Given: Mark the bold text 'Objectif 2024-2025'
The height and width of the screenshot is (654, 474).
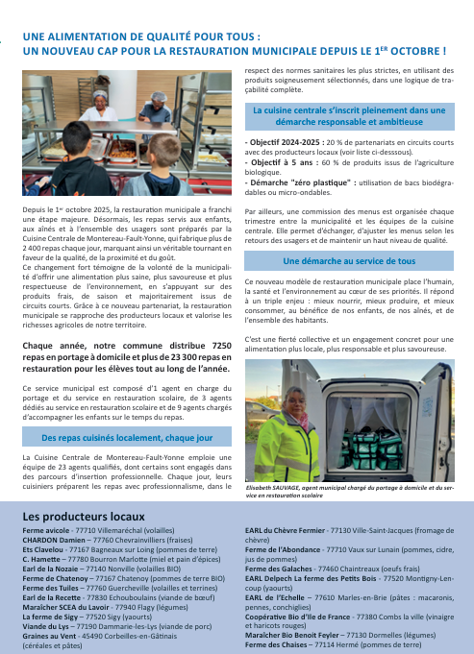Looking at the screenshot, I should coord(282,142).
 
